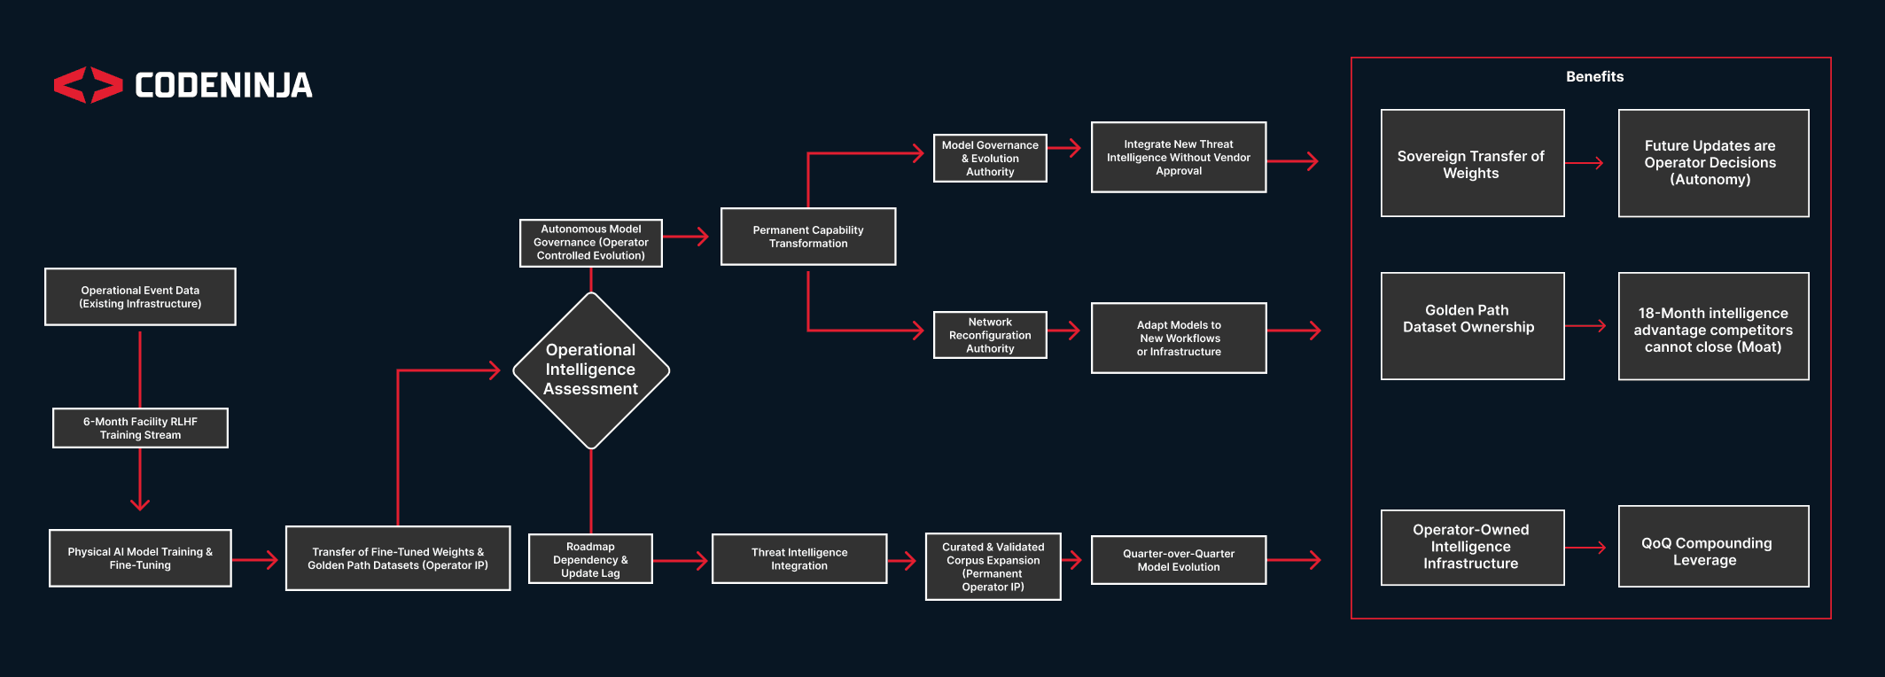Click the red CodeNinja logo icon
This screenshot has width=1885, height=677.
88,85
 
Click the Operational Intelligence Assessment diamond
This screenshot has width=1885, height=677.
591,370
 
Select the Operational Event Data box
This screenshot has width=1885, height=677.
140,297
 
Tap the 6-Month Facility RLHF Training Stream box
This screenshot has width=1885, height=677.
140,428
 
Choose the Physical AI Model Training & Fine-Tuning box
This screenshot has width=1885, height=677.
140,558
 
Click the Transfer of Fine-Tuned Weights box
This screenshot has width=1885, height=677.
398,558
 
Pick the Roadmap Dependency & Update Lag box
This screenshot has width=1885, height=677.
590,559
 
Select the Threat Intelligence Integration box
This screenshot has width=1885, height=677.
799,559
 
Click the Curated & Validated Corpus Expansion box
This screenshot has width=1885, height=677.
993,567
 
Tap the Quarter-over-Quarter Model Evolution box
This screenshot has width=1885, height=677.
1179,560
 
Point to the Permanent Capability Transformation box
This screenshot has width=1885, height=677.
808,237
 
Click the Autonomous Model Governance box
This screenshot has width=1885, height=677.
591,243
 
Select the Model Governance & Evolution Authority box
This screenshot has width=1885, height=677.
990,159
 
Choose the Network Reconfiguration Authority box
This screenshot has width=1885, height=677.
990,335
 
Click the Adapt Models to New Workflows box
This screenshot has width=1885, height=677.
1179,338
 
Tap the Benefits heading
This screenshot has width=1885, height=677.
1594,77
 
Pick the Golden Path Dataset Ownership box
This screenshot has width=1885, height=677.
1472,326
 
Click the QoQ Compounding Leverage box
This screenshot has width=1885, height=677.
1713,547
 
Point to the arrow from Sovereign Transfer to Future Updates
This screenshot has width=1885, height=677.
1585,163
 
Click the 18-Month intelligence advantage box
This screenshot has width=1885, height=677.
1713,326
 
